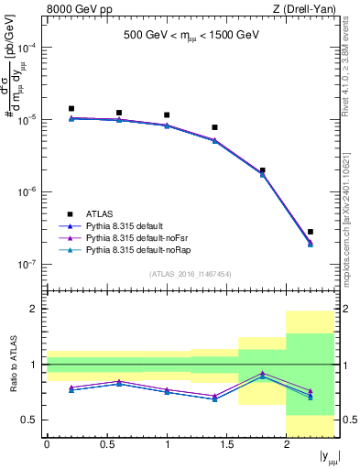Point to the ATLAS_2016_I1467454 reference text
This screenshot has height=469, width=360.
191,273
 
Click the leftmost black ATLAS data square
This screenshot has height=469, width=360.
71,108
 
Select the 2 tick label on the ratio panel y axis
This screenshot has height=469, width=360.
33,310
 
